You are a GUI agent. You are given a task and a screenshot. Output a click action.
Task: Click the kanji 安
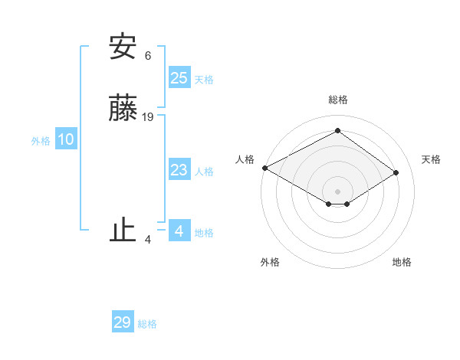123,47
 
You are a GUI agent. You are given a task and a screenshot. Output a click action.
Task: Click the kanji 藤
123,110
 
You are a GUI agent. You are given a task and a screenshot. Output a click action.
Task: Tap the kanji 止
123,230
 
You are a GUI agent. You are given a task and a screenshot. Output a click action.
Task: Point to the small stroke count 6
148,55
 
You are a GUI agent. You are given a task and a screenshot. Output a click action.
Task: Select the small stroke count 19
149,117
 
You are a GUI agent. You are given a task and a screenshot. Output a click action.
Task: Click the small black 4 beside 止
148,239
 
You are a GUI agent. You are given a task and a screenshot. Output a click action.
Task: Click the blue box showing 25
179,78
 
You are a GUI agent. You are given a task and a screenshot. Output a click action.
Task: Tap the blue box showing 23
179,170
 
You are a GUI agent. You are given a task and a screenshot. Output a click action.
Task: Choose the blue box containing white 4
179,231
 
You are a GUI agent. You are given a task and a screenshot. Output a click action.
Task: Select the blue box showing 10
65,139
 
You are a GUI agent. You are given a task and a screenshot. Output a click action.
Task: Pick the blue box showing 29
123,322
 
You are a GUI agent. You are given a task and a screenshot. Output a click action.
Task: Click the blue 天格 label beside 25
204,80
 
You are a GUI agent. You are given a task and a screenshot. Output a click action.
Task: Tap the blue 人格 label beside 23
204,172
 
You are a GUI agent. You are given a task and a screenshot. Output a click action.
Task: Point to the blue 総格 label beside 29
147,324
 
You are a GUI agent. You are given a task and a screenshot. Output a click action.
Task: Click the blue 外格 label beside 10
41,141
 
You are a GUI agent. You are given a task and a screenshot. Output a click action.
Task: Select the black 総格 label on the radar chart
337,100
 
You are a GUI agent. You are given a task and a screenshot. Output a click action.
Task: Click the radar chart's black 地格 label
402,262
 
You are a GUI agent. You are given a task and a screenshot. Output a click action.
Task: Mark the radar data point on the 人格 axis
264,168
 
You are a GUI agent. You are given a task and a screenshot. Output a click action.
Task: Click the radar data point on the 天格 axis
396,173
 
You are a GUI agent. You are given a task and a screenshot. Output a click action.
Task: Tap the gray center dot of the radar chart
337,191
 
